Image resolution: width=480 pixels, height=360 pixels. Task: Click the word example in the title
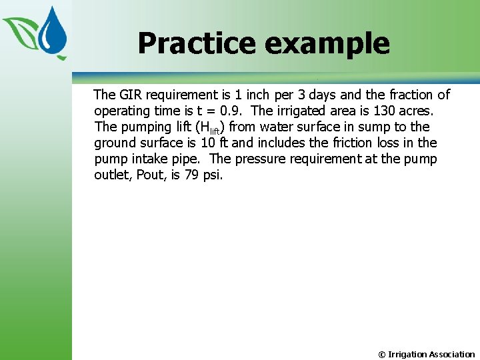327,44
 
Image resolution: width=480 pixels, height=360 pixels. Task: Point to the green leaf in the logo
21,30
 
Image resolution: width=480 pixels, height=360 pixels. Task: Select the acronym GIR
131,95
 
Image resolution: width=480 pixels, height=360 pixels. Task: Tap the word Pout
151,175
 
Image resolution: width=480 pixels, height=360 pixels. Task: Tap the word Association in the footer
451,354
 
